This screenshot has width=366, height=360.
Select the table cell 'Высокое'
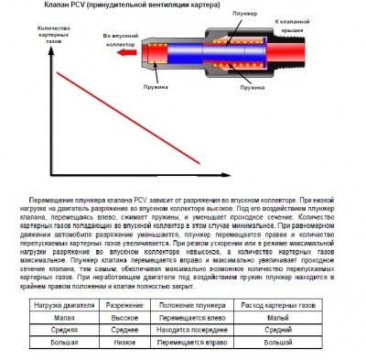tap(123, 316)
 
